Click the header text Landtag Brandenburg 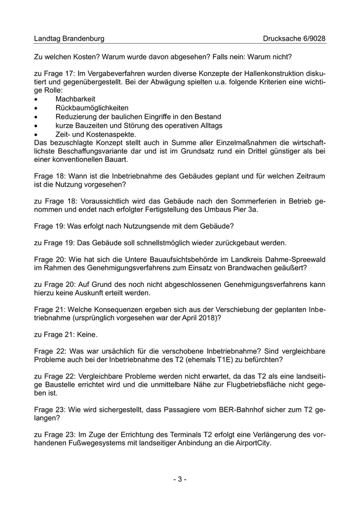(x=69, y=39)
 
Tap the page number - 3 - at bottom (x=179, y=480)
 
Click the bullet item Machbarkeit (x=75, y=98)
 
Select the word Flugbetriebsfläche (x=252, y=386)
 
